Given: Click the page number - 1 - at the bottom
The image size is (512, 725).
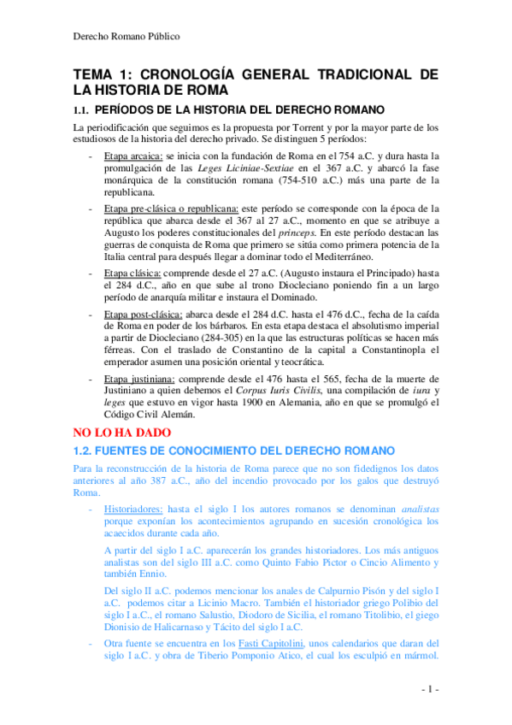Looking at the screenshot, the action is click(x=429, y=689).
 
